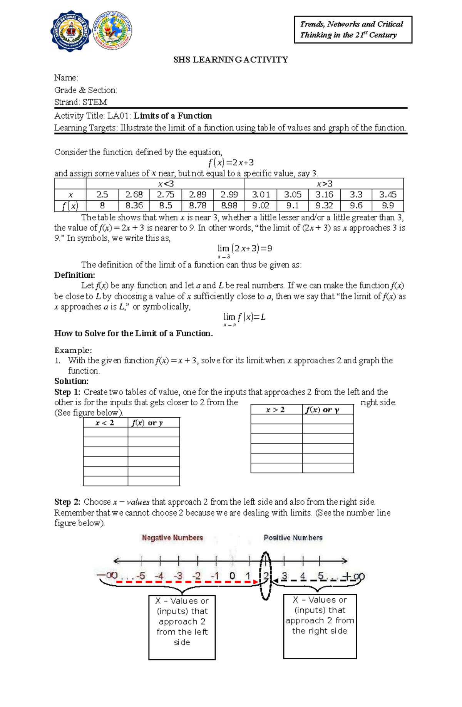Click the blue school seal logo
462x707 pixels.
click(x=71, y=31)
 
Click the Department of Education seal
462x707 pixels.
click(x=113, y=30)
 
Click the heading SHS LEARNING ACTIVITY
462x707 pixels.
click(x=230, y=60)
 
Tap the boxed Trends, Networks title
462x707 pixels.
click(x=353, y=30)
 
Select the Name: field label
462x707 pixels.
click(x=66, y=78)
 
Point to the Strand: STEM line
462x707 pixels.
click(x=80, y=102)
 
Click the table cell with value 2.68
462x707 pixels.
click(x=134, y=195)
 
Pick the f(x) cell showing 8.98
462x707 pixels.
click(x=229, y=206)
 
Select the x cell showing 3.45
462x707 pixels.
click(x=388, y=195)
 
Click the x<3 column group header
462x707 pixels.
click(x=166, y=184)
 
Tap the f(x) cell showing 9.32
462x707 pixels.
click(x=324, y=206)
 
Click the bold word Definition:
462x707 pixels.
click(x=74, y=275)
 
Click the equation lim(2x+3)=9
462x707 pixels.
click(x=244, y=249)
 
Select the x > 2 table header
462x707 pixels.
click(x=276, y=410)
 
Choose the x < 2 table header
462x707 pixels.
click(x=105, y=423)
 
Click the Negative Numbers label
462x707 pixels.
click(x=172, y=537)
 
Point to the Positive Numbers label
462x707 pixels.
click(x=293, y=537)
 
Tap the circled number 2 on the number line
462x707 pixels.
click(x=266, y=576)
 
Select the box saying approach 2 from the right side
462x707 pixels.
click(x=320, y=626)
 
